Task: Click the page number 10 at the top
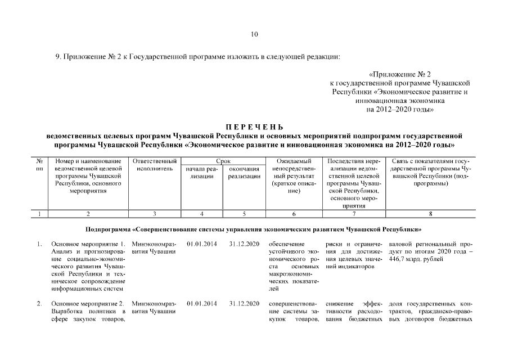coord(254,35)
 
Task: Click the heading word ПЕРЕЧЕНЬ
coord(254,128)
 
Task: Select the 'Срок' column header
coord(223,161)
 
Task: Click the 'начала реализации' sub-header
coord(201,172)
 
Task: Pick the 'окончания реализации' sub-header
coord(244,172)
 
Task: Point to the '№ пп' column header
coord(39,165)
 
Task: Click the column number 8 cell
coord(430,214)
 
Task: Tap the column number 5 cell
coord(244,214)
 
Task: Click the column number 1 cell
coord(39,214)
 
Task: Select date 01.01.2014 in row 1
coord(201,244)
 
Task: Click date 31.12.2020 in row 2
coord(244,304)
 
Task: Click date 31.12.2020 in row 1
coord(244,244)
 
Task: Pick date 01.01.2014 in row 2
coord(201,304)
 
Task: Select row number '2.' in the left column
coord(39,304)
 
